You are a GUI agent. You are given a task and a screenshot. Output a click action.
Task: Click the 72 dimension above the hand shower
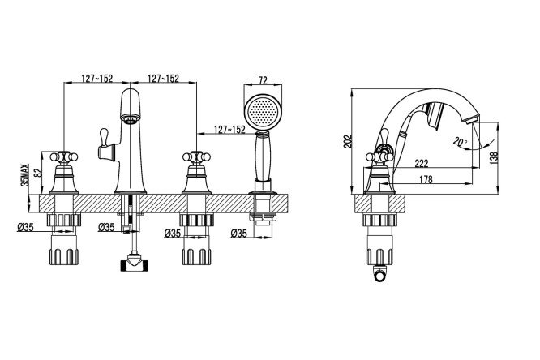tap(263, 80)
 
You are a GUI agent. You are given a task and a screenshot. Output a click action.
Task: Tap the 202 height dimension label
tap(349, 141)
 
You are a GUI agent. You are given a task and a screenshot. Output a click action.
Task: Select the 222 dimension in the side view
tap(421, 163)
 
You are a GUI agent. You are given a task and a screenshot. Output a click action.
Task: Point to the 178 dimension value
tap(426, 179)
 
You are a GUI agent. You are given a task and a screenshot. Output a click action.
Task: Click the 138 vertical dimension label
tap(494, 158)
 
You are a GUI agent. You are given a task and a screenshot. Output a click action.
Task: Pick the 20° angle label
tap(461, 141)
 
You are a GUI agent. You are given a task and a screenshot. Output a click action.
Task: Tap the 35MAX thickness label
tap(25, 174)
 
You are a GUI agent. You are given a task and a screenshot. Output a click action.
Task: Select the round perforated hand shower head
tap(263, 112)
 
